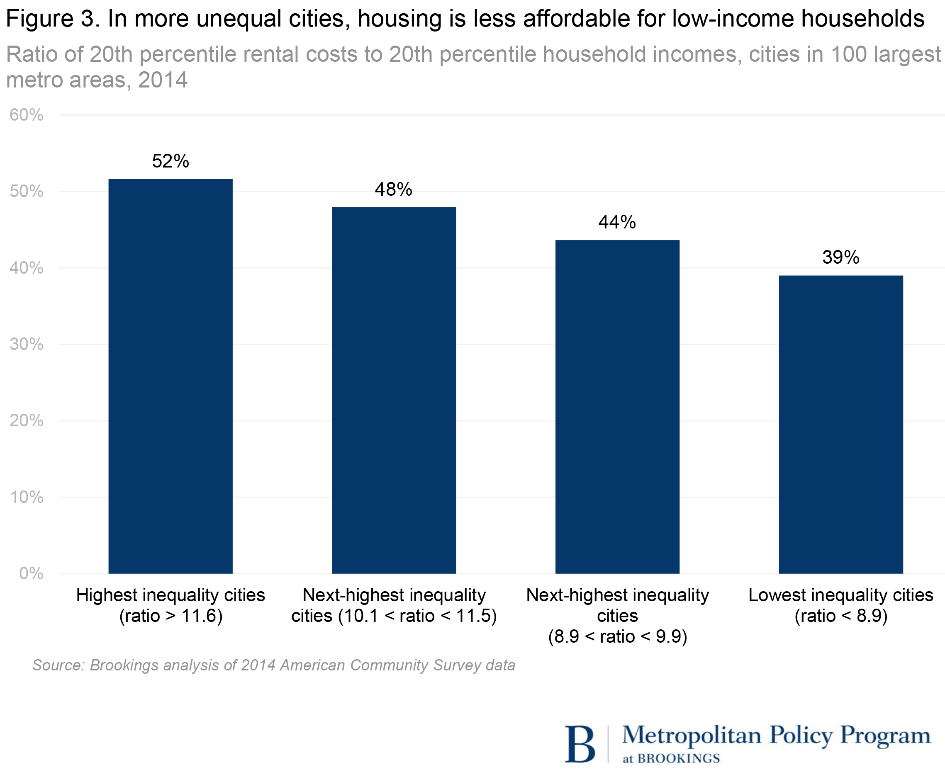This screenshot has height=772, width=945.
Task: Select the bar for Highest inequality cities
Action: pos(170,376)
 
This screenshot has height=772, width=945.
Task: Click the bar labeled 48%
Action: pos(394,391)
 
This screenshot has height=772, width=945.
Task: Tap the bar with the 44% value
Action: pos(617,407)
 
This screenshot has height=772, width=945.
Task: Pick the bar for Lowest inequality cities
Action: pos(840,425)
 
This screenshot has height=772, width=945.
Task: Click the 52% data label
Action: pos(170,161)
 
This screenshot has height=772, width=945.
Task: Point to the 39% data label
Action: pos(840,257)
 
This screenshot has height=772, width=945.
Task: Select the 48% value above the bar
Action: pos(394,189)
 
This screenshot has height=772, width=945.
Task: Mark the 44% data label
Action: pos(617,222)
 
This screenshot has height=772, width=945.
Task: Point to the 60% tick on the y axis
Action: pos(27,115)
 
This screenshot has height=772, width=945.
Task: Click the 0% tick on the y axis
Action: pos(31,573)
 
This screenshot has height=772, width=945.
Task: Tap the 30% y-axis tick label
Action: pos(27,344)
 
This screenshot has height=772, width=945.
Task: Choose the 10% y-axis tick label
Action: pos(27,497)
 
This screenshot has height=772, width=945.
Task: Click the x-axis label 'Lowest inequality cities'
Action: pos(840,595)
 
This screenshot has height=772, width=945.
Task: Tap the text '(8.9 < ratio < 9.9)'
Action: pos(618,636)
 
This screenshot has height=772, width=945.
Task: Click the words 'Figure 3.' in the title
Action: pos(53,19)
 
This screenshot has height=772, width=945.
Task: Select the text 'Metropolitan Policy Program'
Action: pos(776,736)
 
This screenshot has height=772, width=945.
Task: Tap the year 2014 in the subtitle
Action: pos(163,80)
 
